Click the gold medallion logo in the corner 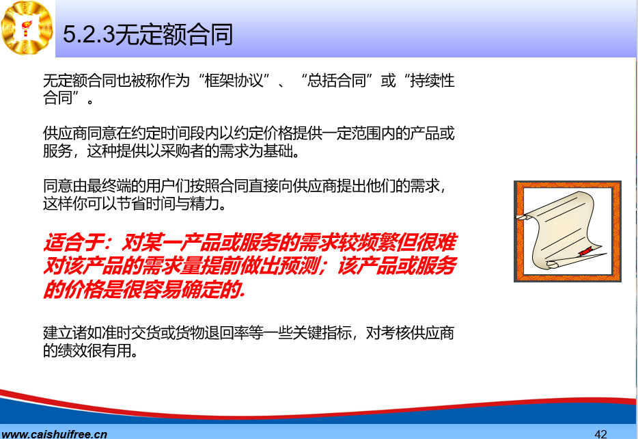tap(27, 27)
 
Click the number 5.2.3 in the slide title tap(89, 34)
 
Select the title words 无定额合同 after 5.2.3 tap(174, 34)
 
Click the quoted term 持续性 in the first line tap(432, 81)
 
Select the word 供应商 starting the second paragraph tap(65, 133)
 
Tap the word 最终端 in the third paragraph tap(109, 186)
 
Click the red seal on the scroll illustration tap(585, 251)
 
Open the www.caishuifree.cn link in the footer tap(54, 434)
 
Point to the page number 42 tap(600, 434)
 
